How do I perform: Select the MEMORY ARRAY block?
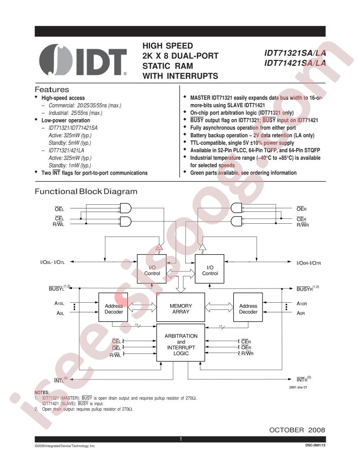tap(180, 307)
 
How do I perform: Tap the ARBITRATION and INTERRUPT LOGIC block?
tap(180, 343)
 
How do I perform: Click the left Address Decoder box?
tap(113, 307)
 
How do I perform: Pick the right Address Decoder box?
tap(248, 307)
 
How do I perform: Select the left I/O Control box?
tap(151, 269)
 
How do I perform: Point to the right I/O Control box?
tap(210, 269)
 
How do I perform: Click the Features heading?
tap(52, 90)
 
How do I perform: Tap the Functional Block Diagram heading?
tap(86, 192)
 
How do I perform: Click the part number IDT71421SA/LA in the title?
tap(295, 63)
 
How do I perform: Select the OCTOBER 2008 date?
tap(297, 430)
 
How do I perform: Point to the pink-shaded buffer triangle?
tap(159, 247)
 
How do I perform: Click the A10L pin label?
tap(59, 304)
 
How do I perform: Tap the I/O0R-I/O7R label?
tap(309, 263)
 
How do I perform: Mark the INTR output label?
tap(304, 379)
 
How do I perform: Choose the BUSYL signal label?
tap(59, 288)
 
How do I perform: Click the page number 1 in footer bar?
tap(180, 439)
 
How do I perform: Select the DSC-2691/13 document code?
tap(315, 446)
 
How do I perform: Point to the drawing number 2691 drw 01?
tap(298, 387)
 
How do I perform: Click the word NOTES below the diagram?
tap(42, 393)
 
